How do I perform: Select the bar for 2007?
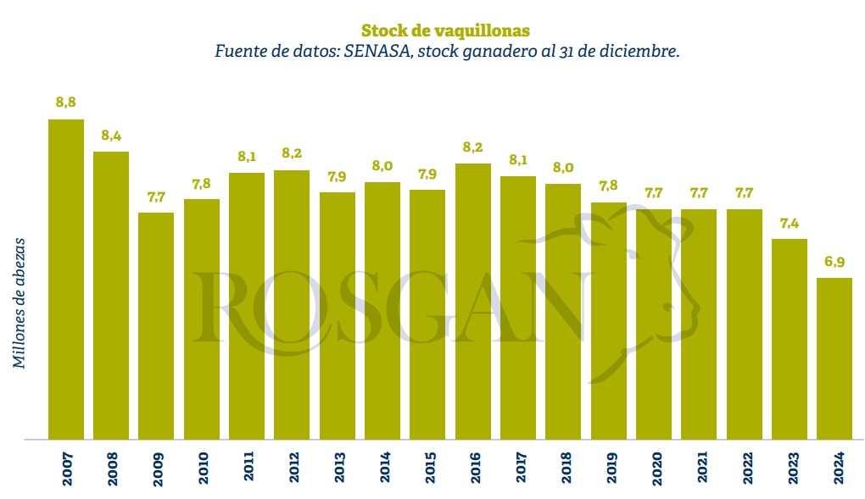pyautogui.click(x=66, y=280)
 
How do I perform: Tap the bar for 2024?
pyautogui.click(x=834, y=358)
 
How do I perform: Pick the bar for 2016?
pyautogui.click(x=473, y=302)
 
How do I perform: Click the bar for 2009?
pyautogui.click(x=156, y=326)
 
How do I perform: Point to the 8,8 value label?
pyautogui.click(x=66, y=103)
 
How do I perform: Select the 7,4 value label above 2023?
pyautogui.click(x=790, y=223)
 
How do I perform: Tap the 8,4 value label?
pyautogui.click(x=111, y=136)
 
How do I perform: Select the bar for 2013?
pyautogui.click(x=338, y=316)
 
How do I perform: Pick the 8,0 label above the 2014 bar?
pyautogui.click(x=382, y=166)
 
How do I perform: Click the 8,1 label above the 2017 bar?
pyautogui.click(x=518, y=160)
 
